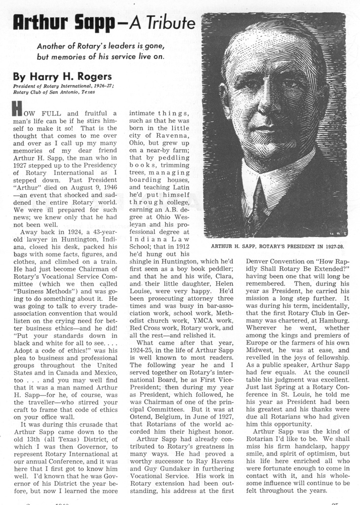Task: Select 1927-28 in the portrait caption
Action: pos(332,246)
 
